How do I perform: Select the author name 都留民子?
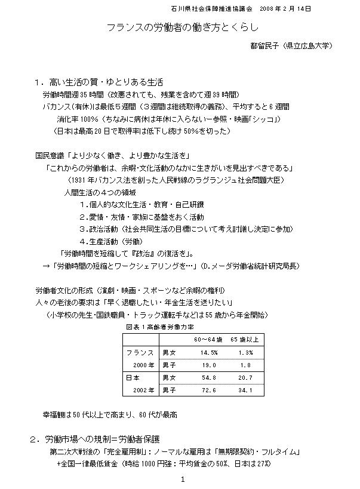pos(265,45)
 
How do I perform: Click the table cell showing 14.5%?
pos(209,353)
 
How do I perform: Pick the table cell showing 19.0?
pos(209,365)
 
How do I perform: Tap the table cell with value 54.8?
pos(209,377)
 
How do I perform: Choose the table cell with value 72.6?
pos(209,390)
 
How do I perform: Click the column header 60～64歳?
pos(208,340)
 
